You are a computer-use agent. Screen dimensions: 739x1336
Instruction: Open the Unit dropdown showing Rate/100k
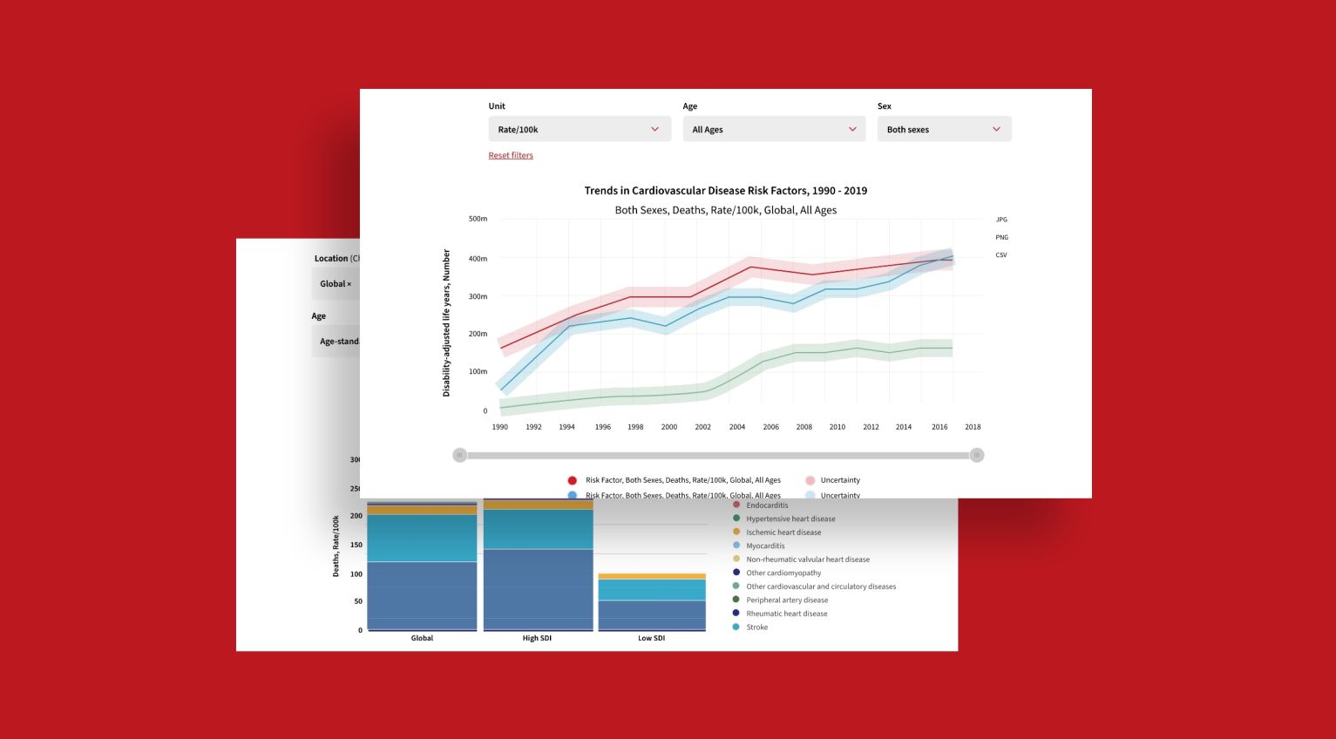point(580,129)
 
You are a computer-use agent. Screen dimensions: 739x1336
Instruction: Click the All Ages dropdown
point(774,129)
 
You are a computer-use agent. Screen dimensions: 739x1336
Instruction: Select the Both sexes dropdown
point(944,129)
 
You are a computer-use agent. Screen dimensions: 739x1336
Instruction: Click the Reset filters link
point(511,155)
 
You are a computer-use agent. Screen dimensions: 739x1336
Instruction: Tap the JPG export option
point(1001,220)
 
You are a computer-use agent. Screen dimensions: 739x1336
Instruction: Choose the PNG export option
point(1001,237)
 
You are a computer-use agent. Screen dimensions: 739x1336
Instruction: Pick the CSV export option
point(1001,255)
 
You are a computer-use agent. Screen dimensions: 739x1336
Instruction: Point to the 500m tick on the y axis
point(478,219)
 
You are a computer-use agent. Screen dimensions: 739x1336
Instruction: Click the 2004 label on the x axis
point(737,427)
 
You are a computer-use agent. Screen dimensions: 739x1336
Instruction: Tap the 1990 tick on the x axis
point(499,427)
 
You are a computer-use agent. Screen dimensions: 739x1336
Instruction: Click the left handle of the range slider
point(460,455)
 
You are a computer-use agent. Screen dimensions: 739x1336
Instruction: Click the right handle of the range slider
point(977,455)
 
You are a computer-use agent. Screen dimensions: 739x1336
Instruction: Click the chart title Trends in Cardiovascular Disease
point(725,191)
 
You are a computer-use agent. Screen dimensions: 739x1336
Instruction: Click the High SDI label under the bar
point(537,638)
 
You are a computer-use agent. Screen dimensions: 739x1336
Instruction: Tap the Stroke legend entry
point(756,627)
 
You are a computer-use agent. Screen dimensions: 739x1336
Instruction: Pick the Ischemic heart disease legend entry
point(783,532)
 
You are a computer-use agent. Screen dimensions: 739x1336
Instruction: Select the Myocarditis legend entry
point(764,546)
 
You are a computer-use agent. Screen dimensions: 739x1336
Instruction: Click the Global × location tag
point(336,284)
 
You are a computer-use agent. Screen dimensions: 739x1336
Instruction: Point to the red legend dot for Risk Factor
point(572,480)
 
